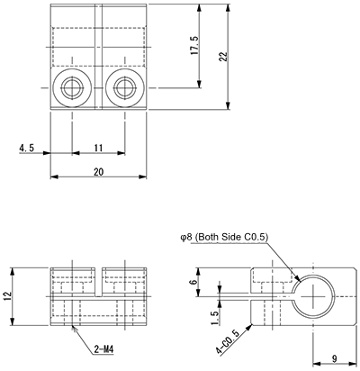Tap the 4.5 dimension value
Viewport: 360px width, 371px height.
coord(26,147)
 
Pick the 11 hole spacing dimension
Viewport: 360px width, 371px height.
coord(96,147)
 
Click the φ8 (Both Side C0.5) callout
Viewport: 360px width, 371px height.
coord(223,236)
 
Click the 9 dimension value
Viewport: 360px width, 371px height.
coord(333,358)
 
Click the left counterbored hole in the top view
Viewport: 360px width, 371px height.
coord(72,88)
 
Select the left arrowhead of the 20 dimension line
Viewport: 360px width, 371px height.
coord(53,176)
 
